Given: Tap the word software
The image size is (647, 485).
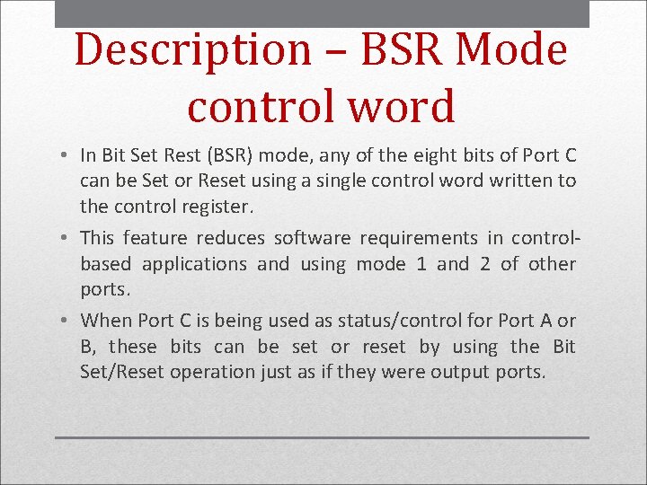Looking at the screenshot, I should [x=312, y=238].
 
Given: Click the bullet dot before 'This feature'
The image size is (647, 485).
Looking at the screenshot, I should [x=67, y=239].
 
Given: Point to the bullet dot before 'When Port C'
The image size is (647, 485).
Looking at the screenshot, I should [x=67, y=322].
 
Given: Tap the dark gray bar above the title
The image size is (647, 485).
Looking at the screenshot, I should [x=322, y=13].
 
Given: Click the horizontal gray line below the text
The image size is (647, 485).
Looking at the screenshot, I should [x=322, y=437].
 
